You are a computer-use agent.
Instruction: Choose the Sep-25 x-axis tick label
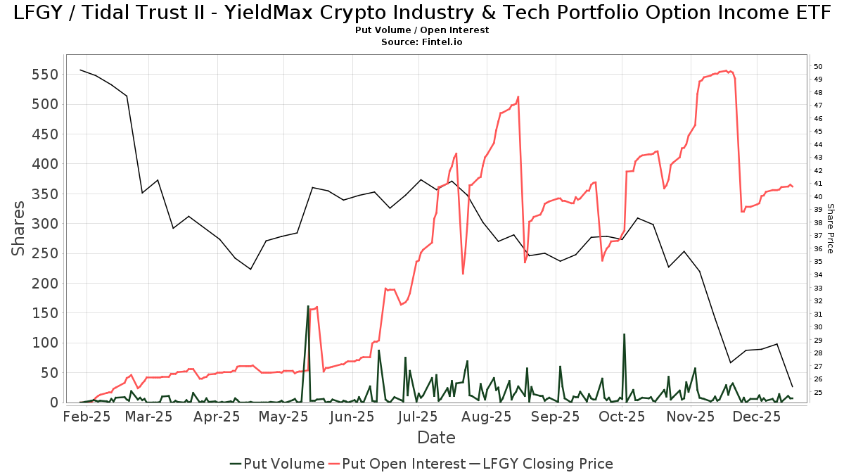[x=554, y=417]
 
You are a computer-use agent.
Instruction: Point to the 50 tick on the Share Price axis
[x=819, y=67]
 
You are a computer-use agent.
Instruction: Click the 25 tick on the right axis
[x=819, y=392]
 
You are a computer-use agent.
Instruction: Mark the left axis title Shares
[x=19, y=229]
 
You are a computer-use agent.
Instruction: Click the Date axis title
[x=436, y=438]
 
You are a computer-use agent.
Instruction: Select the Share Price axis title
[x=830, y=229]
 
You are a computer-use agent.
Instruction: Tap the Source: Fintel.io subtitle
[x=422, y=42]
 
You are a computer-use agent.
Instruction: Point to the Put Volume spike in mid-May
[x=308, y=306]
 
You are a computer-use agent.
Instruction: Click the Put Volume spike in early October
[x=624, y=334]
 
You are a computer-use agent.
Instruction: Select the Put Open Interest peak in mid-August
[x=518, y=97]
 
